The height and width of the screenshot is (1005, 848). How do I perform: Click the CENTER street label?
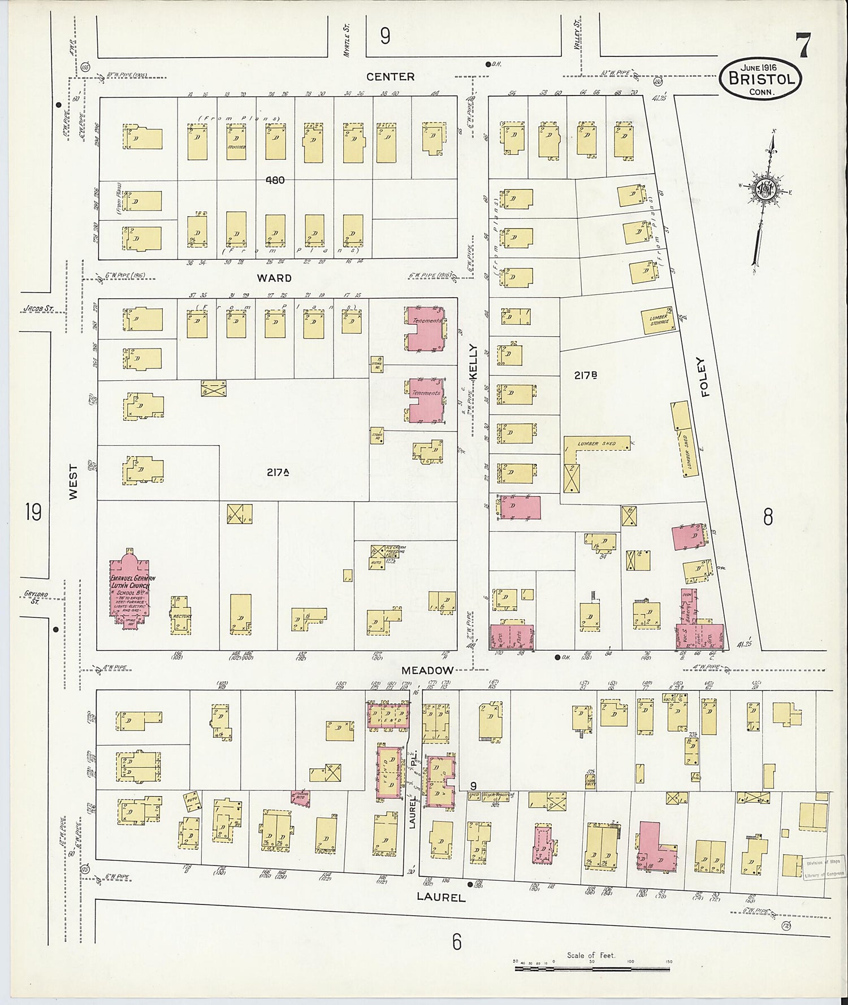(x=390, y=77)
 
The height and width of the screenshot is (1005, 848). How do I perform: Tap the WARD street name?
(x=274, y=278)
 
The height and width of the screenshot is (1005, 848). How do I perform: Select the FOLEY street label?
(x=703, y=377)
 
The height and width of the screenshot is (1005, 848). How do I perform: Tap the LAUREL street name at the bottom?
(x=441, y=897)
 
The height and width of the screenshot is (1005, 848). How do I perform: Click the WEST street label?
(x=73, y=481)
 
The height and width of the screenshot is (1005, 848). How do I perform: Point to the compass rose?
(x=765, y=192)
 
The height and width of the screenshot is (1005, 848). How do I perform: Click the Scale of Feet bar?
(x=592, y=968)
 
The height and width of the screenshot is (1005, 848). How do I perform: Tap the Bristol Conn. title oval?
(x=761, y=79)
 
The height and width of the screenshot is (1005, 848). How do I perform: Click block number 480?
(x=276, y=180)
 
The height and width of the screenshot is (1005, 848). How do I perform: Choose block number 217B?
(x=586, y=375)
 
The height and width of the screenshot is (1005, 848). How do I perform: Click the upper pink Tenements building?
(x=425, y=328)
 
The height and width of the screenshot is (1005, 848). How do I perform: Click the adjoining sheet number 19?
(x=33, y=513)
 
